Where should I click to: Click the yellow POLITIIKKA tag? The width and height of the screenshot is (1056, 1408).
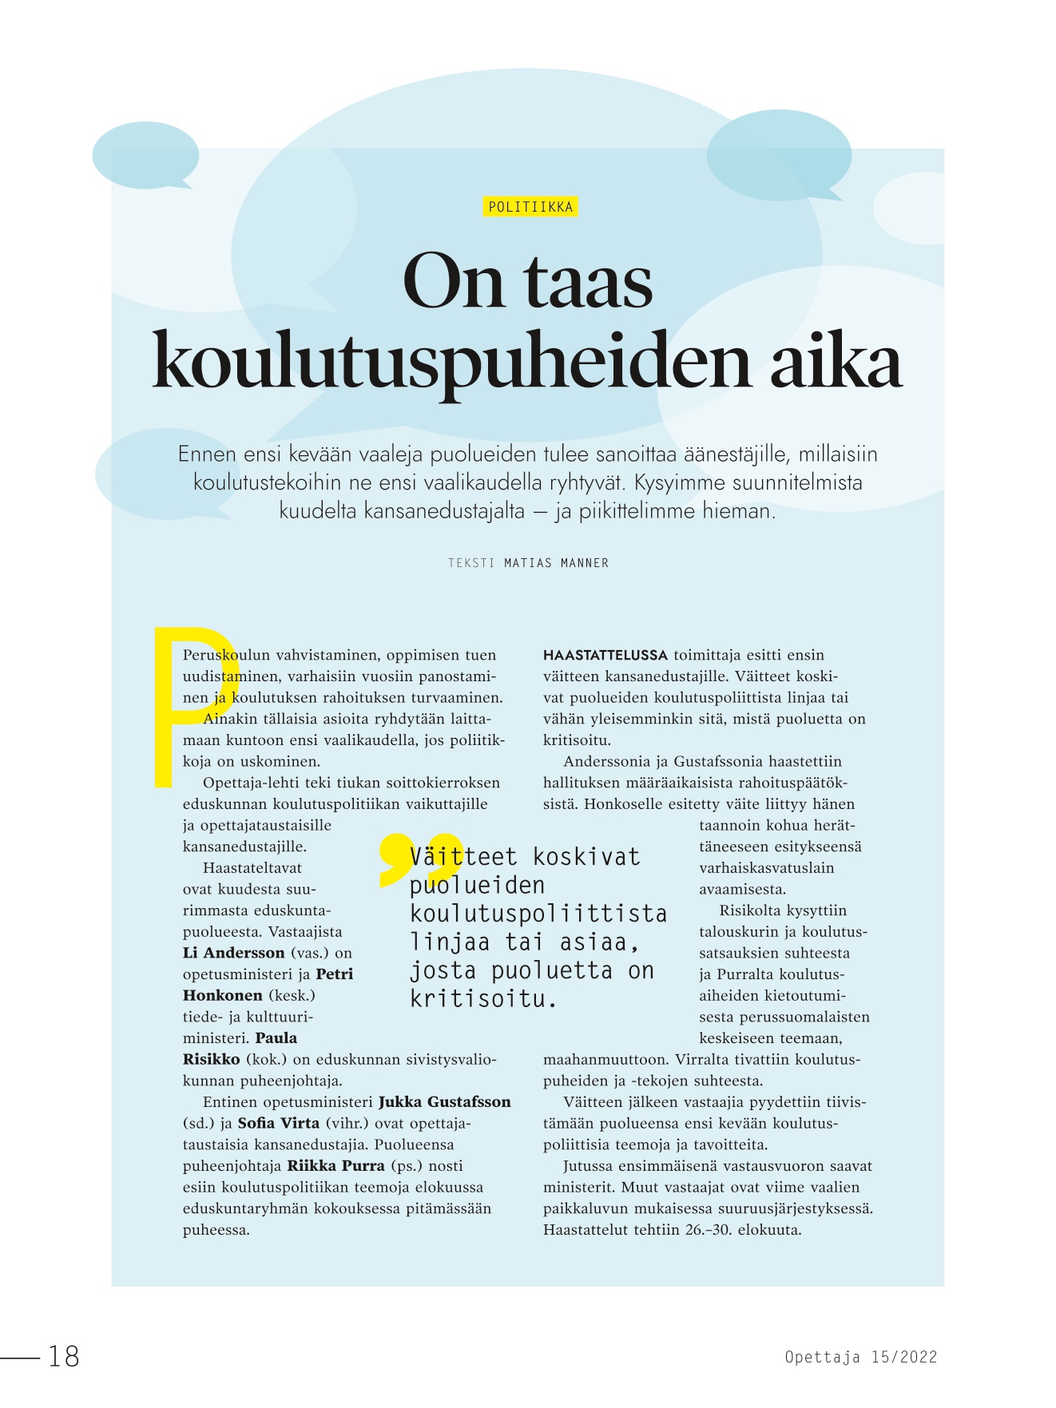[x=530, y=207]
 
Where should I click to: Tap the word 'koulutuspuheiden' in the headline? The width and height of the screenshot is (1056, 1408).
[x=451, y=363]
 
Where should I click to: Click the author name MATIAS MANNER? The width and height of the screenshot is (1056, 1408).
[x=556, y=563]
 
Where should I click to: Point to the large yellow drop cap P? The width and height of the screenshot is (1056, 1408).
[x=189, y=703]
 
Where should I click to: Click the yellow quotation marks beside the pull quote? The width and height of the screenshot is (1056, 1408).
[x=419, y=860]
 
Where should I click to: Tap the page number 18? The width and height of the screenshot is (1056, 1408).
[x=64, y=1356]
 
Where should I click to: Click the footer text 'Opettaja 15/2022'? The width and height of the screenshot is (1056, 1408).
[x=860, y=1357]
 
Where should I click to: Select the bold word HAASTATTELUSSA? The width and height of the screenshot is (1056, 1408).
[x=605, y=655]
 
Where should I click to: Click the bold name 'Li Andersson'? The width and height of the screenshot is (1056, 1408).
[x=233, y=953]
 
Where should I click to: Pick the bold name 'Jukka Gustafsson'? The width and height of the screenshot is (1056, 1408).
[x=444, y=1102]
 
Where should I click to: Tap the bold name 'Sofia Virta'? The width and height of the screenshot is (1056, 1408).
[x=278, y=1123]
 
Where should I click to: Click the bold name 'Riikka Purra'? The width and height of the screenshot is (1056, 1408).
[x=335, y=1166]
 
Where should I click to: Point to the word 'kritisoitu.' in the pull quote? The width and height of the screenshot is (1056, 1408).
[x=483, y=998]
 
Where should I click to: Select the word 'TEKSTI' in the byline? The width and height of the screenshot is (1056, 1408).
[x=471, y=563]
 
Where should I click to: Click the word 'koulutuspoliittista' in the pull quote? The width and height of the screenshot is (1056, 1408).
[x=538, y=914]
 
